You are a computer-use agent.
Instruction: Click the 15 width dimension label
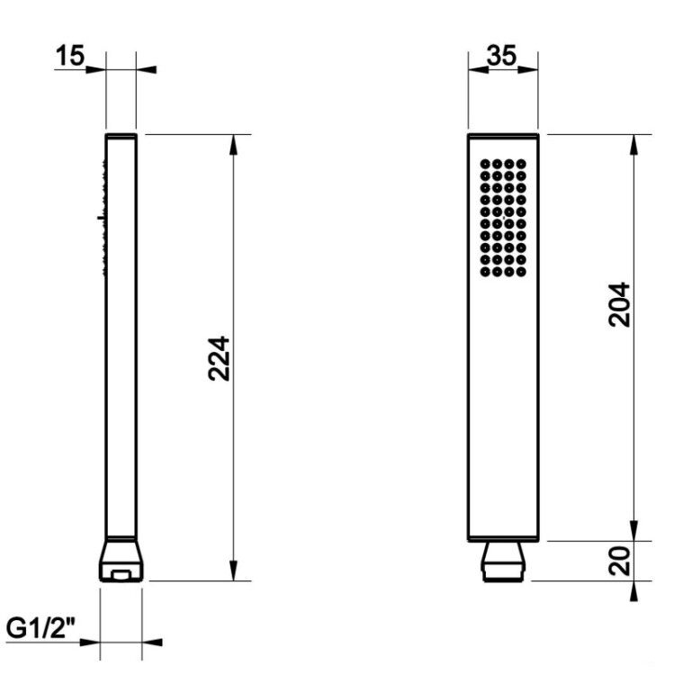(70, 56)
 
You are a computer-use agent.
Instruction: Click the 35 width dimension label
(501, 56)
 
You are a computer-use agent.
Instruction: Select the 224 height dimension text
(220, 358)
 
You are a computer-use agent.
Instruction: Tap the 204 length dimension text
(620, 304)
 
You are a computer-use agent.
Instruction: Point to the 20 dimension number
(620, 561)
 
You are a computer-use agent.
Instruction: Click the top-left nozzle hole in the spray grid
(485, 164)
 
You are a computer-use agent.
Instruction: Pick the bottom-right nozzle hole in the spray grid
(521, 272)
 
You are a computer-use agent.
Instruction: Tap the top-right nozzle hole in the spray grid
(521, 164)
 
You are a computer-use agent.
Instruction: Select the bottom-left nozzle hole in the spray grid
(485, 272)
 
